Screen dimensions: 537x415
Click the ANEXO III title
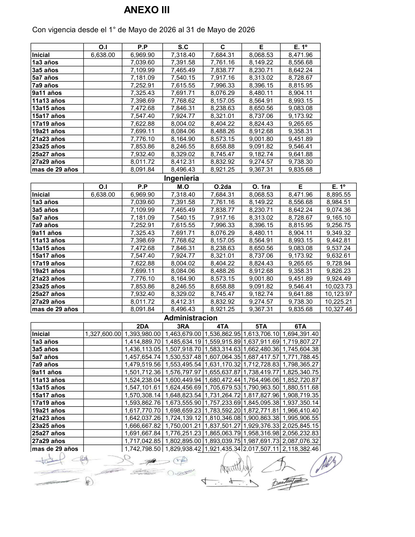(146, 11)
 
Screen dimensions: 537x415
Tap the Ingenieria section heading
(181, 178)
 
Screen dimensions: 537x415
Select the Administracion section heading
(191, 318)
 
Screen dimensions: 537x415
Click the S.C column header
(183, 47)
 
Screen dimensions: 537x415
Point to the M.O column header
(183, 187)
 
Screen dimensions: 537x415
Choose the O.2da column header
(222, 187)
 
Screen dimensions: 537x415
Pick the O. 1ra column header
(261, 187)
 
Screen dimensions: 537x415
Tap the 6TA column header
(300, 326)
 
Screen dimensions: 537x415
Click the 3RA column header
(183, 326)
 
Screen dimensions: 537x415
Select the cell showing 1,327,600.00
(103, 334)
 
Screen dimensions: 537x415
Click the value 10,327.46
(338, 309)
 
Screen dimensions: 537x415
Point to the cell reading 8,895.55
(338, 195)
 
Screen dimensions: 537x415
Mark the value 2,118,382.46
(300, 449)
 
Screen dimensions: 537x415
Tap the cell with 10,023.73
(338, 286)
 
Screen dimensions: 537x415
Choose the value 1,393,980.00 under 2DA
(142, 334)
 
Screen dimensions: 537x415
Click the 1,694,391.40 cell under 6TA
(300, 334)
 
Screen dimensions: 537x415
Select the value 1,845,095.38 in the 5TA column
(261, 403)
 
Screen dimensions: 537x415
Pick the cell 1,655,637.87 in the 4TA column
(222, 372)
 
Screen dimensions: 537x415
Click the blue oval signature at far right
(326, 464)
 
